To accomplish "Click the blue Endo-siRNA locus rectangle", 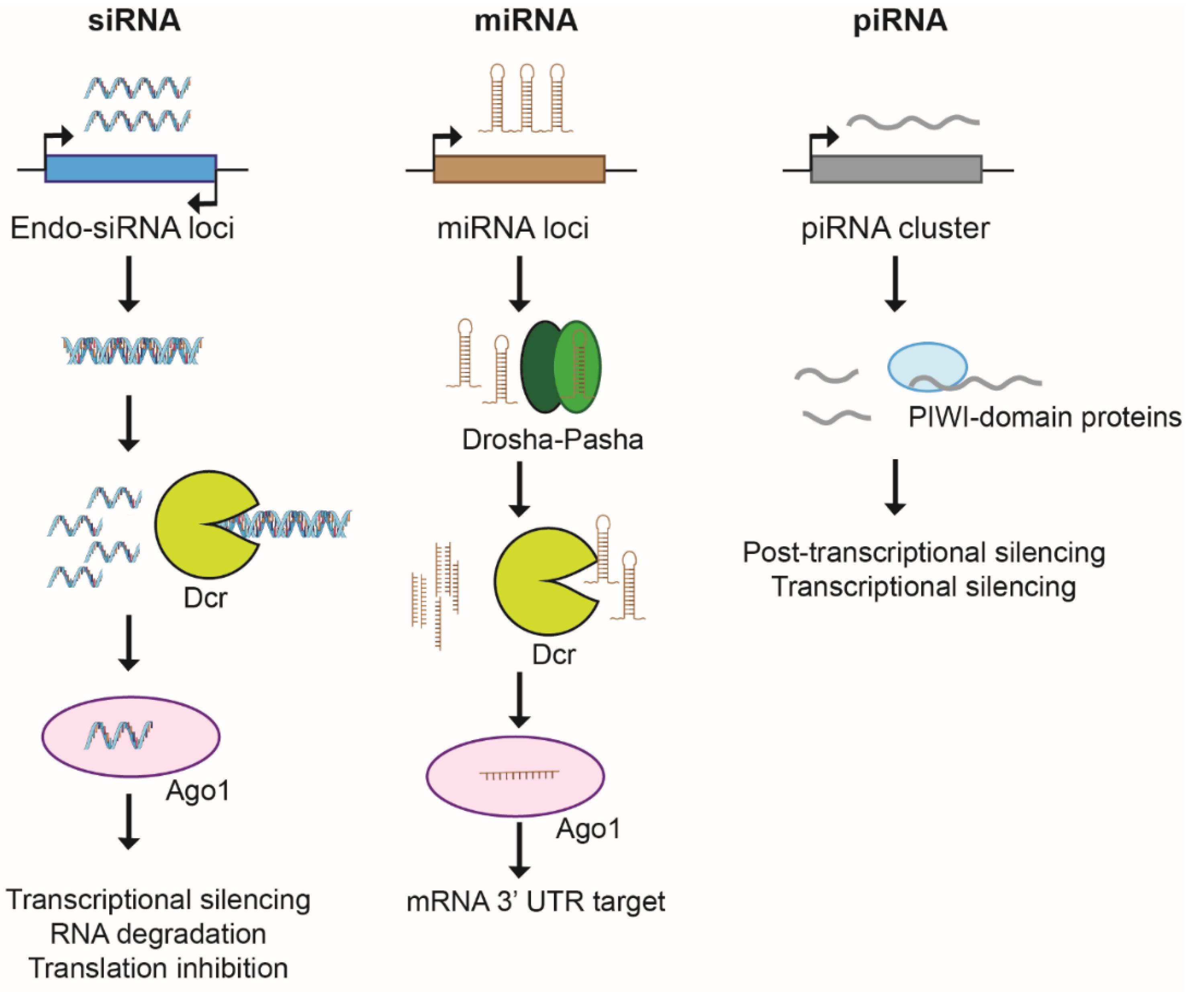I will (x=130, y=169).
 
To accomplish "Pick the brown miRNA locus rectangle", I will (x=519, y=169).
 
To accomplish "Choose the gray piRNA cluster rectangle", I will (x=896, y=169).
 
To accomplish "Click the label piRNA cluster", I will (x=895, y=228).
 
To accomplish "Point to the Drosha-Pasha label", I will (x=553, y=439).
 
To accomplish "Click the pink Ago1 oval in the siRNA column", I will (x=131, y=736).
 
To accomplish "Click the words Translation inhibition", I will (x=159, y=969).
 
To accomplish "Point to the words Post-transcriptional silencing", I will (x=923, y=552).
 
